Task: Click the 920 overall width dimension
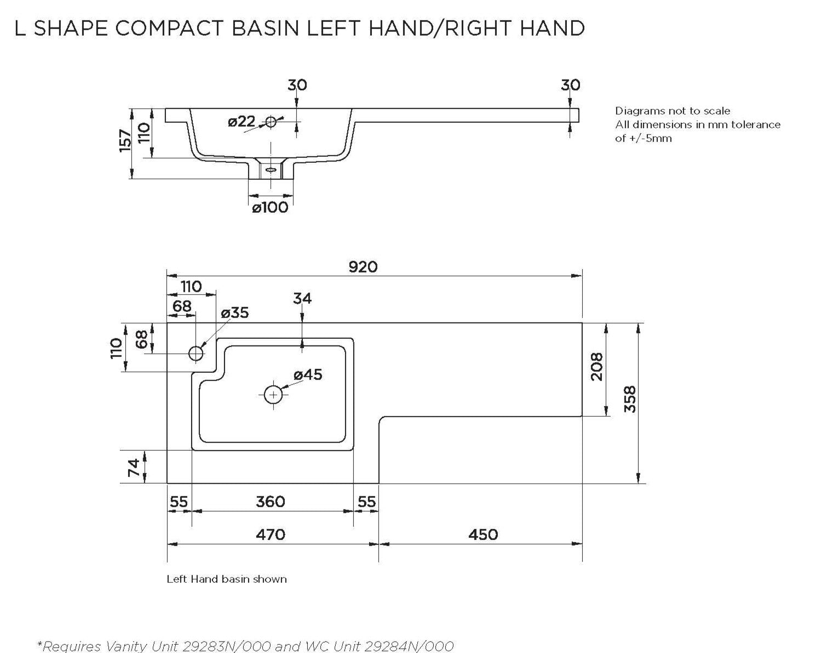(x=363, y=267)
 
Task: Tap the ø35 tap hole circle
(x=196, y=354)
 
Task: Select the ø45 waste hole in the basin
(x=273, y=395)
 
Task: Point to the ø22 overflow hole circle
(x=271, y=122)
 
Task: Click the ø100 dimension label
(x=270, y=207)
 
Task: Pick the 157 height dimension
(x=125, y=141)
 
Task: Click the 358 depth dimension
(x=630, y=399)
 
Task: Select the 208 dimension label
(x=597, y=367)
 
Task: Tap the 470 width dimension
(x=271, y=535)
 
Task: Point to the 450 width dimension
(x=483, y=535)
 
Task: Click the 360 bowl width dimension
(x=271, y=502)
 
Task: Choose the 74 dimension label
(x=134, y=467)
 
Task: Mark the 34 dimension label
(x=302, y=298)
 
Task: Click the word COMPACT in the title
(x=169, y=28)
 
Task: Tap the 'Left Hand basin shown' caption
(x=227, y=579)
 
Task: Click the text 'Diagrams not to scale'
(x=673, y=111)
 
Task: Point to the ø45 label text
(x=308, y=374)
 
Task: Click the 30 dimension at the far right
(x=570, y=85)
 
